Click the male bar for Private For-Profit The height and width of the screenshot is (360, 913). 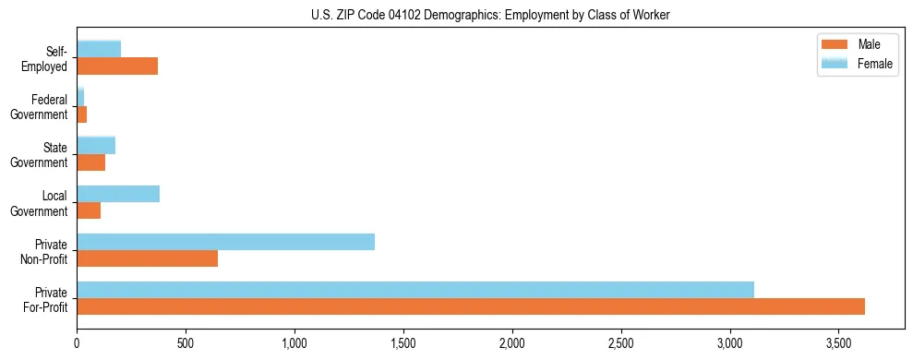471,306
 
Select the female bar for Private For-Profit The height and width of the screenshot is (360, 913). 415,290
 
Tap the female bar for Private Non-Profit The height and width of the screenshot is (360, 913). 225,242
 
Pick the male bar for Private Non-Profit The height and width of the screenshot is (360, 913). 147,258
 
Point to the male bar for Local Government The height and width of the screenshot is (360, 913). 89,210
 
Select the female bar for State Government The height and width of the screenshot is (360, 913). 96,145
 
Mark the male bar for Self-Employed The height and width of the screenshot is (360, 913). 117,66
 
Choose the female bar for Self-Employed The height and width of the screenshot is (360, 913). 99,49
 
